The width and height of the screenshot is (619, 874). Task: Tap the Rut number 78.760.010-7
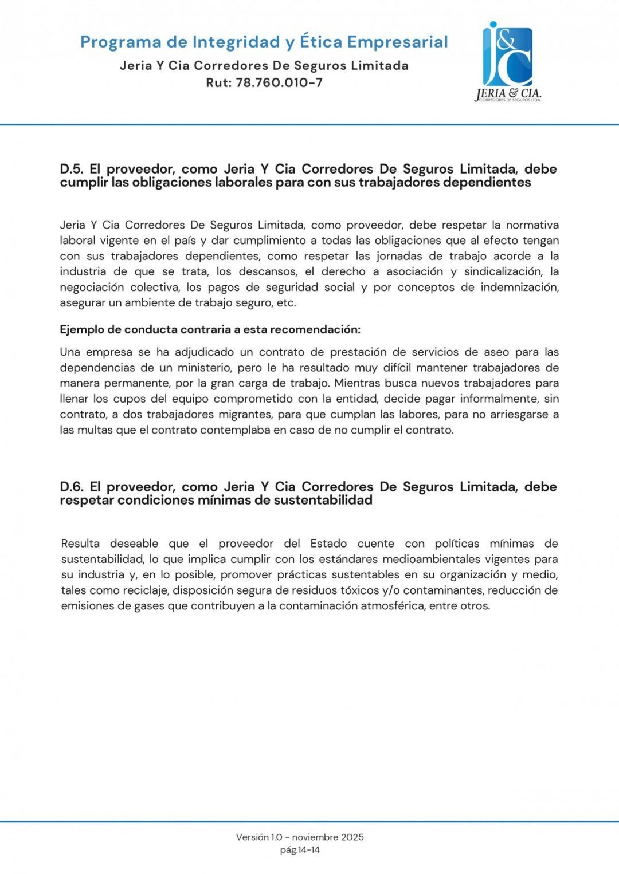pos(279,82)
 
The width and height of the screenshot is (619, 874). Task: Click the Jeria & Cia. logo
pos(508,62)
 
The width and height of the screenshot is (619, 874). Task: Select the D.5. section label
pos(72,169)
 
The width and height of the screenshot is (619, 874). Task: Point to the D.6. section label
pos(72,487)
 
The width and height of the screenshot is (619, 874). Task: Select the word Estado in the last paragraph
pos(328,544)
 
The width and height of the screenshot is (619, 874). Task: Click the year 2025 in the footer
pos(352,837)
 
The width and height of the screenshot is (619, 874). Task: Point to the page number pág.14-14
pos(300,850)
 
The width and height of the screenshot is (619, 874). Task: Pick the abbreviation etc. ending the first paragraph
pos(286,303)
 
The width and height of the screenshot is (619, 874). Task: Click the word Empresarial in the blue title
pos(398,42)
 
